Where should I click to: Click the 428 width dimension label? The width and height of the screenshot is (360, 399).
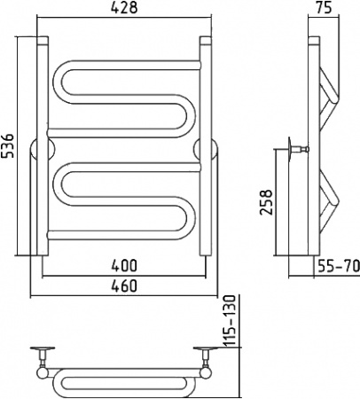point(124,8)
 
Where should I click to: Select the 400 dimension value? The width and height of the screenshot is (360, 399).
point(124,265)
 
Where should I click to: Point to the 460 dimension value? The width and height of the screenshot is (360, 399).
point(124,286)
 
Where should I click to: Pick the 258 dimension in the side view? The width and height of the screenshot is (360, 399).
point(265,202)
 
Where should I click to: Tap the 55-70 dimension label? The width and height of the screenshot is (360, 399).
point(339,265)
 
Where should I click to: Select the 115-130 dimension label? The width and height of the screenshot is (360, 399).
point(230,321)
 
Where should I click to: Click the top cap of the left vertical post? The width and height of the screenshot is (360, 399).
point(43,41)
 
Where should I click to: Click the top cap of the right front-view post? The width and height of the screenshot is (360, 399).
point(206,41)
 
